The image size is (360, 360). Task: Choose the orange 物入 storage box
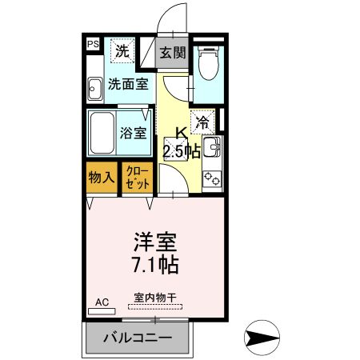coord(102,178)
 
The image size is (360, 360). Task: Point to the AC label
coord(102,302)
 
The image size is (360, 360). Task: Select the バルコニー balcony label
coord(137,338)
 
